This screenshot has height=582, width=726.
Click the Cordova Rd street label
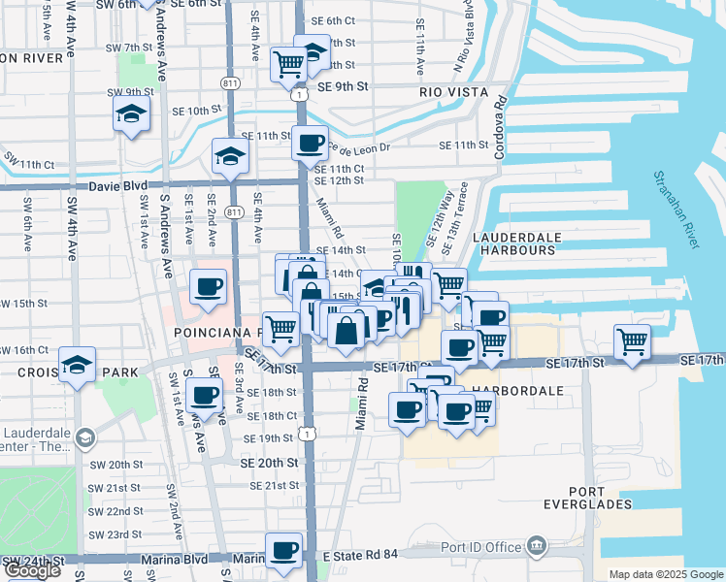tap(502, 126)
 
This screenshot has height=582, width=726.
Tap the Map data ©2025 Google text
tap(666, 574)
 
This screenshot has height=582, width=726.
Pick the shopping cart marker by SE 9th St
tap(289, 66)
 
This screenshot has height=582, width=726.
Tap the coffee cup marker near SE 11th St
tap(310, 145)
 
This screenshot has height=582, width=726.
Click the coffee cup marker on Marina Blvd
tap(283, 551)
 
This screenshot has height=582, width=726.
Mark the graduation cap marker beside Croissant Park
tap(77, 367)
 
